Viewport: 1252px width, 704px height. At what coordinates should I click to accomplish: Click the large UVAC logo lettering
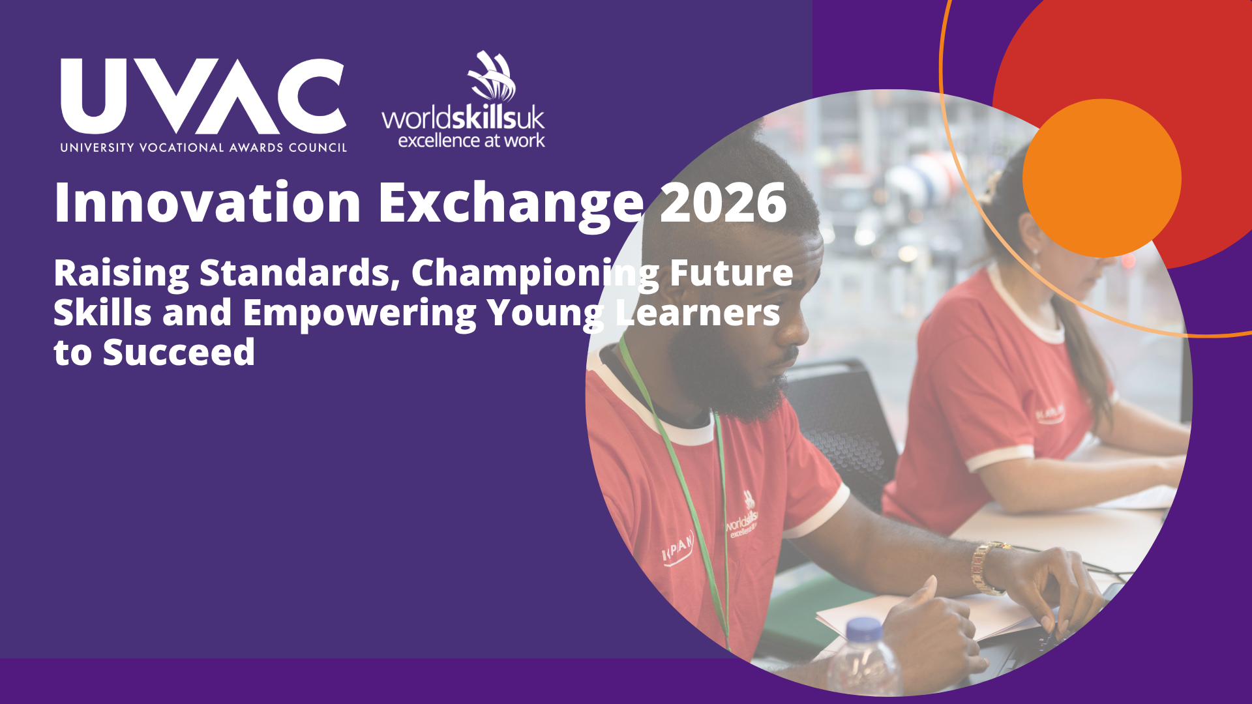click(203, 96)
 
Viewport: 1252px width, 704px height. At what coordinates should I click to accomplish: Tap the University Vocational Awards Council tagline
click(203, 148)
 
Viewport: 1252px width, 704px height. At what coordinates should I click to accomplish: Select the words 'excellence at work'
click(471, 140)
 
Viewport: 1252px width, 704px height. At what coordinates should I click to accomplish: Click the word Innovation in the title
click(207, 203)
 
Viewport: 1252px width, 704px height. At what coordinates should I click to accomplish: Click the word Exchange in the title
click(511, 206)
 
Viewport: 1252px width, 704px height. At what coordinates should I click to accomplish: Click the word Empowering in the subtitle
click(359, 314)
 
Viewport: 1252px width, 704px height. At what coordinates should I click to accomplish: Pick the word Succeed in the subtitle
click(179, 353)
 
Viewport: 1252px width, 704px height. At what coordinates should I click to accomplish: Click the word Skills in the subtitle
click(102, 313)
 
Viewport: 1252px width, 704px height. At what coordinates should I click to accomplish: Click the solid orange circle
click(1102, 178)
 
